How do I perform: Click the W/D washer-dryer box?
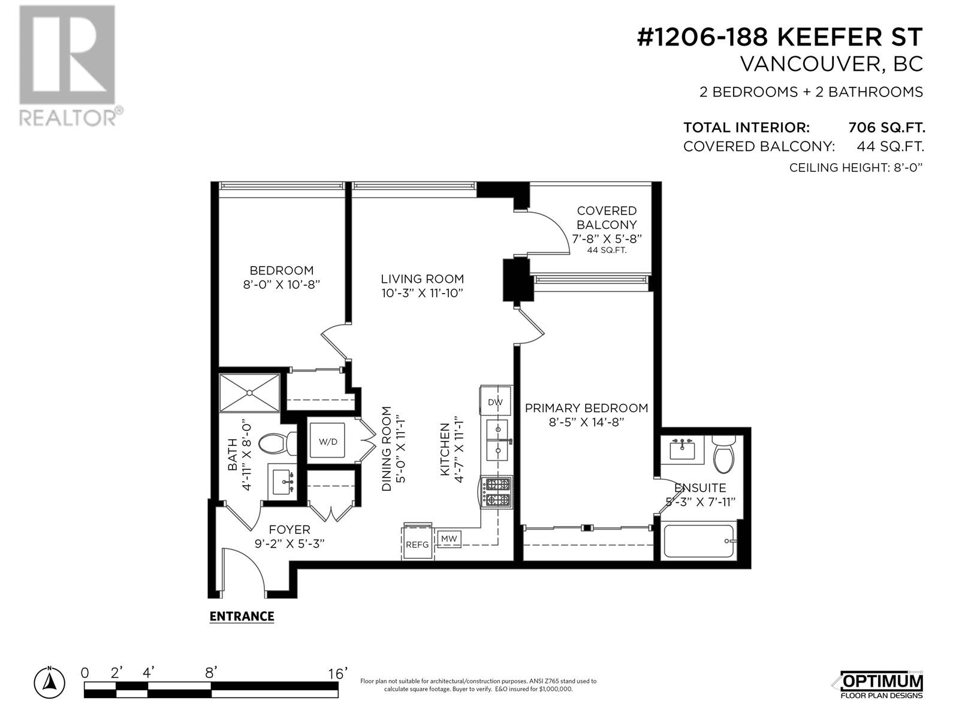click(328, 442)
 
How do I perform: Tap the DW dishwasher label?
click(495, 402)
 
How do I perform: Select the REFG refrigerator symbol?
click(417, 544)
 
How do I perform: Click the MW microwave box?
click(449, 539)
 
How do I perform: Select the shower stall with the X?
click(250, 393)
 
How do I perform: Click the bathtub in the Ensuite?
click(699, 542)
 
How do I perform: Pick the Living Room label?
click(423, 279)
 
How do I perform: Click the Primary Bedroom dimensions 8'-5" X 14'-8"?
click(586, 422)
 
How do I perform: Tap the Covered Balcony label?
click(607, 218)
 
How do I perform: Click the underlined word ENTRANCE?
click(242, 617)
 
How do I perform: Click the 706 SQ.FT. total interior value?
click(886, 128)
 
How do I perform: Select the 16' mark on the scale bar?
click(337, 673)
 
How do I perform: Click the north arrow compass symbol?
click(51, 681)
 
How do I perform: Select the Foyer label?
click(289, 530)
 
